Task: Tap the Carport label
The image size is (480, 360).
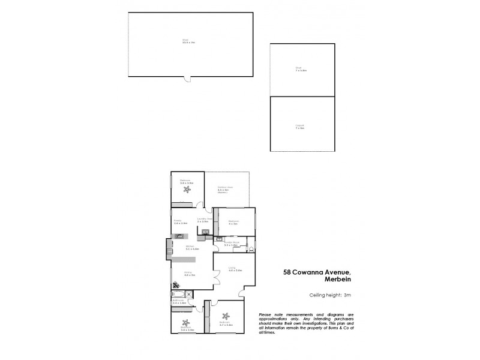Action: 300,126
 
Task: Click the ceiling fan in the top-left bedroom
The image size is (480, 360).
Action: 188,191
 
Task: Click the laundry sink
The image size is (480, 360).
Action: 205,232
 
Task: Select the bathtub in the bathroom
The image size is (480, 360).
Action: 178,294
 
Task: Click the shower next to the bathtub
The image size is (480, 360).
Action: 190,294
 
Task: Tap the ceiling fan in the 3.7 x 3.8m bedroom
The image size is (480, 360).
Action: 226,316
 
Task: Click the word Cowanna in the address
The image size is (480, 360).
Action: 314,271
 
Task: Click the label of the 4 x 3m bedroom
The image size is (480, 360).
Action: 234,221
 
